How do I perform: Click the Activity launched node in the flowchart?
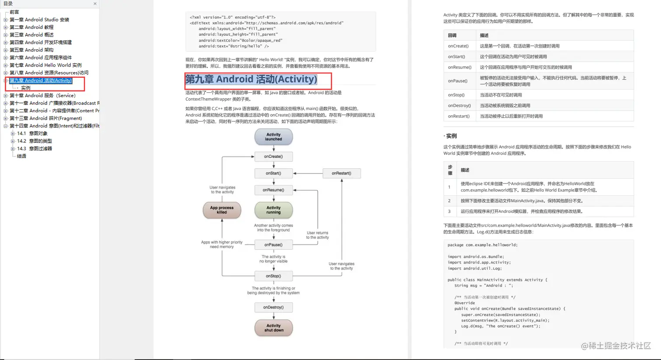[274, 137]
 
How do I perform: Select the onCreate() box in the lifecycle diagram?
[274, 156]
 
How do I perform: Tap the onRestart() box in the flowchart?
[341, 173]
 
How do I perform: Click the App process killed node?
[222, 210]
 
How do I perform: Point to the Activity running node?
[274, 210]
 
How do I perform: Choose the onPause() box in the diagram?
[274, 245]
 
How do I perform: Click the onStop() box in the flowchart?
[274, 276]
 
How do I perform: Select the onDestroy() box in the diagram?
[274, 308]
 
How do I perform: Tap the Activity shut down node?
[274, 328]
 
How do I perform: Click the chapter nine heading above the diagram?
[251, 80]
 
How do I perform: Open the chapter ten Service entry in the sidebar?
[42, 96]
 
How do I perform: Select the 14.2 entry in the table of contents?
[35, 141]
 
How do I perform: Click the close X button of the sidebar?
[95, 4]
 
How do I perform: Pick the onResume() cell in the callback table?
[459, 67]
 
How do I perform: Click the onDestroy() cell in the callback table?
[459, 106]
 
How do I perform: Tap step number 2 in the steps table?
[449, 201]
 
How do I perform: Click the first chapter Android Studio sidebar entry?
[39, 20]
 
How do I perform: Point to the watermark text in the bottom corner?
[616, 346]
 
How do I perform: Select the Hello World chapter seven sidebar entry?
[45, 65]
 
